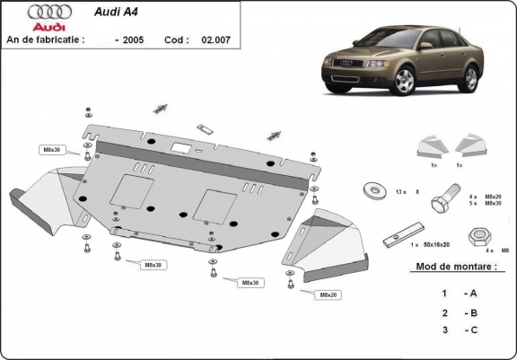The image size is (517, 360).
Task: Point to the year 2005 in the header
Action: [132, 40]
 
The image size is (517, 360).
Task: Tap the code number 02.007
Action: [215, 40]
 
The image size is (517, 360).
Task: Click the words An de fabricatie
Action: [45, 40]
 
